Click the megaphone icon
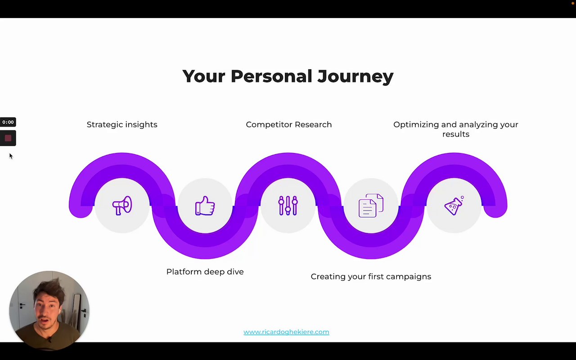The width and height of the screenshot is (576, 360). pos(122,206)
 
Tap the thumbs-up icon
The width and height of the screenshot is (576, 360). pos(205,206)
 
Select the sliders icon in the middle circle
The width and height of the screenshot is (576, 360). pos(288,206)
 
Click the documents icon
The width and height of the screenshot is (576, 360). pos(371,206)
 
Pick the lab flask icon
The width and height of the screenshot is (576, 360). pos(454,206)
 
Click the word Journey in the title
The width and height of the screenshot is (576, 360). pos(355,76)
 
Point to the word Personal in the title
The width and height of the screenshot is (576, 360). pos(271,76)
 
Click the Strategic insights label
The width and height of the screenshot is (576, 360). pos(122,125)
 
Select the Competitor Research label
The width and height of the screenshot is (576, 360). pos(289,125)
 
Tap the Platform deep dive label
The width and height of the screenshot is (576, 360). pos(205,272)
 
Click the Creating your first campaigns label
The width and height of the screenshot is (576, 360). pos(371,277)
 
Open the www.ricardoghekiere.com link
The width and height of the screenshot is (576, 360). pos(286,332)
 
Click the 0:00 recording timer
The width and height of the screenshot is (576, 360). pos(8,122)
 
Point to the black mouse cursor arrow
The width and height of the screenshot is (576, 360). pos(11,156)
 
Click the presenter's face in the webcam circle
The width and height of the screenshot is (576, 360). pos(48,309)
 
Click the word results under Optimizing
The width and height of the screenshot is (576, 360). pos(456,134)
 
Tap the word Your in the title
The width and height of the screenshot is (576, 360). pos(204,76)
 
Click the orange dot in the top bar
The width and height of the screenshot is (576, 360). pos(573,3)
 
